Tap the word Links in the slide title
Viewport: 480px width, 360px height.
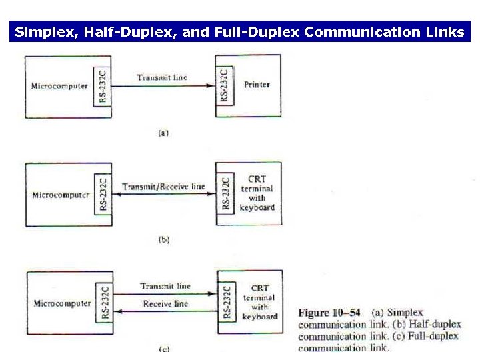point(444,32)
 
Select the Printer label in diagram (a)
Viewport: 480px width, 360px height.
point(257,85)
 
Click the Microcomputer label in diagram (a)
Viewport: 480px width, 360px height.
point(59,86)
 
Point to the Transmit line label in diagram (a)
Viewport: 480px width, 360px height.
point(162,77)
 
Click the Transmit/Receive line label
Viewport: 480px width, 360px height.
point(163,187)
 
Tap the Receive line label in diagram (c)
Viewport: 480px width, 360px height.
point(165,304)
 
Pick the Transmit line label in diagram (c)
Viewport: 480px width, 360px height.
point(165,286)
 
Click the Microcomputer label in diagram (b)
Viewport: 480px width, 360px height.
point(61,195)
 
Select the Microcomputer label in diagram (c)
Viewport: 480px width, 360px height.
point(62,304)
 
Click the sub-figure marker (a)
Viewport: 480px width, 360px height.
point(163,133)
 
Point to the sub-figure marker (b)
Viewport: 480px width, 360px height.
point(164,240)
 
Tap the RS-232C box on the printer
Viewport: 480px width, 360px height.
point(224,85)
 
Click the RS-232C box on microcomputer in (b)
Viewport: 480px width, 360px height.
point(103,193)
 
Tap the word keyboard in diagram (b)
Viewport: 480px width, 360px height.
point(257,207)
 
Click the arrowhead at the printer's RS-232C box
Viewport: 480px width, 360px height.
point(212,85)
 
